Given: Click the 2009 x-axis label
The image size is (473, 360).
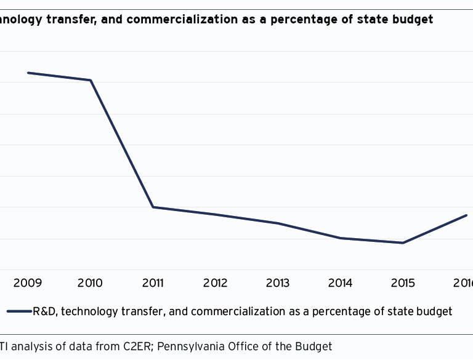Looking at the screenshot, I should (x=28, y=283).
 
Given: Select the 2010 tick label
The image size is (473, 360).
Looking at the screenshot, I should (x=90, y=283).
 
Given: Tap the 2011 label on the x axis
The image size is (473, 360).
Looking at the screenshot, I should (x=153, y=283).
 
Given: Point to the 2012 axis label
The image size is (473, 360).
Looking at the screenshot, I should (x=216, y=283).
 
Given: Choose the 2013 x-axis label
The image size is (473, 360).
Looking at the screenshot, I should (x=278, y=283).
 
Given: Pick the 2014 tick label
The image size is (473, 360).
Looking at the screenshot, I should (x=341, y=283).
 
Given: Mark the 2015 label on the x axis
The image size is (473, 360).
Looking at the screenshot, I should (x=403, y=283).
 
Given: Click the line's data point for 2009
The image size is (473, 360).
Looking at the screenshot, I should (x=28, y=73).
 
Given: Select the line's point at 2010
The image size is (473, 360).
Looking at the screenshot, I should (x=91, y=80).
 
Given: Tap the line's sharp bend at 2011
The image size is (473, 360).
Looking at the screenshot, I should (x=153, y=207).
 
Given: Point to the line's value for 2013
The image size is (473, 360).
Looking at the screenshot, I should (x=278, y=223).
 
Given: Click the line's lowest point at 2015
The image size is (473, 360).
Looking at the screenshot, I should (x=403, y=242).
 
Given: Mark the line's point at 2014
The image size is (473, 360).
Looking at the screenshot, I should (x=341, y=238).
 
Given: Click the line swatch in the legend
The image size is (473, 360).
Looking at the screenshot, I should (x=18, y=311).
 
